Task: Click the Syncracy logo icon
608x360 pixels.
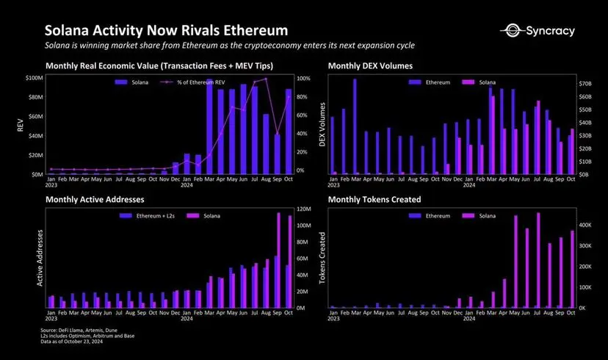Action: (x=510, y=31)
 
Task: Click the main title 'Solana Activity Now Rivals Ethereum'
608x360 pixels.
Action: (x=166, y=31)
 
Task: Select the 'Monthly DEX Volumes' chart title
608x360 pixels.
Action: (x=370, y=65)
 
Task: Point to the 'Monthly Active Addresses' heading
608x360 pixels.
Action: (x=95, y=199)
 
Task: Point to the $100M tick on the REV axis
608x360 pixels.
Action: (x=34, y=77)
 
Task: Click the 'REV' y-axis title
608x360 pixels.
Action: (x=20, y=126)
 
